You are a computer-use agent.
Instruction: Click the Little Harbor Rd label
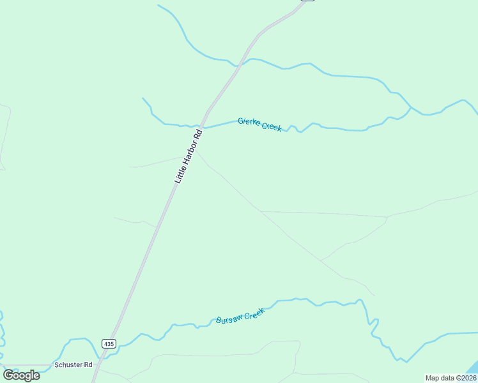tap(189, 157)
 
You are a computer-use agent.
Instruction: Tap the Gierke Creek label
tap(259, 124)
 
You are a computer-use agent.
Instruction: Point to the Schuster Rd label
tap(73, 364)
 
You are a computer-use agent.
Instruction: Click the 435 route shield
tap(109, 343)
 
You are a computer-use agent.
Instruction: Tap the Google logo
tap(21, 375)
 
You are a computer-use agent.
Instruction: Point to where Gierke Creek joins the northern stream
tap(411, 107)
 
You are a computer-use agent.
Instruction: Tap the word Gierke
tap(250, 121)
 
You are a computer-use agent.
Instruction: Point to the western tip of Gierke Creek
tap(143, 98)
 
